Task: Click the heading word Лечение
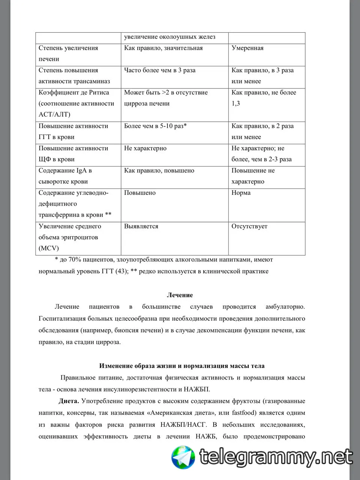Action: (180, 295)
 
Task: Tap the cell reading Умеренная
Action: (247, 48)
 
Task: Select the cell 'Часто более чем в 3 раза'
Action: (160, 70)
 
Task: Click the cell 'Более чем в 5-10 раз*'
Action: (155, 126)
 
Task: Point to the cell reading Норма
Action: (241, 193)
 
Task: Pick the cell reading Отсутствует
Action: (249, 226)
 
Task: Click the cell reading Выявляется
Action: (141, 226)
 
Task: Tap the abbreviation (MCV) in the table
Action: (49, 248)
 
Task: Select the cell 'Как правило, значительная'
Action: (163, 48)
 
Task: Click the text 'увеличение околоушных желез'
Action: (169, 37)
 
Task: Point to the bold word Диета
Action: (69, 401)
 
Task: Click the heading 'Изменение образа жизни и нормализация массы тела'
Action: (182, 366)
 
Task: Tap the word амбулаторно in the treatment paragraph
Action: (285, 307)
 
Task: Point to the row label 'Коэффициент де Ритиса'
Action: (74, 93)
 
